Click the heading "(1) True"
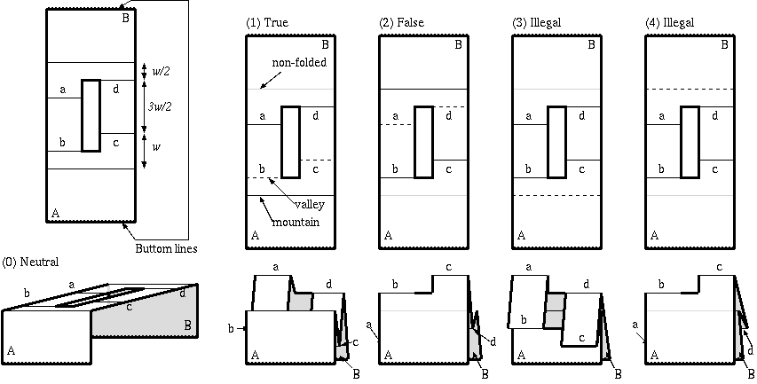(x=267, y=22)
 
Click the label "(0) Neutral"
(x=32, y=263)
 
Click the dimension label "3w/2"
(x=160, y=106)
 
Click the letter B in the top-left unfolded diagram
(x=125, y=18)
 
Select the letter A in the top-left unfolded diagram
(x=56, y=214)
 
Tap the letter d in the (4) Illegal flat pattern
(x=715, y=115)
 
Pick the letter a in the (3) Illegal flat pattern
(x=529, y=115)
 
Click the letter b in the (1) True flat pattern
(x=261, y=168)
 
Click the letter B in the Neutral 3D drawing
(x=188, y=326)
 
